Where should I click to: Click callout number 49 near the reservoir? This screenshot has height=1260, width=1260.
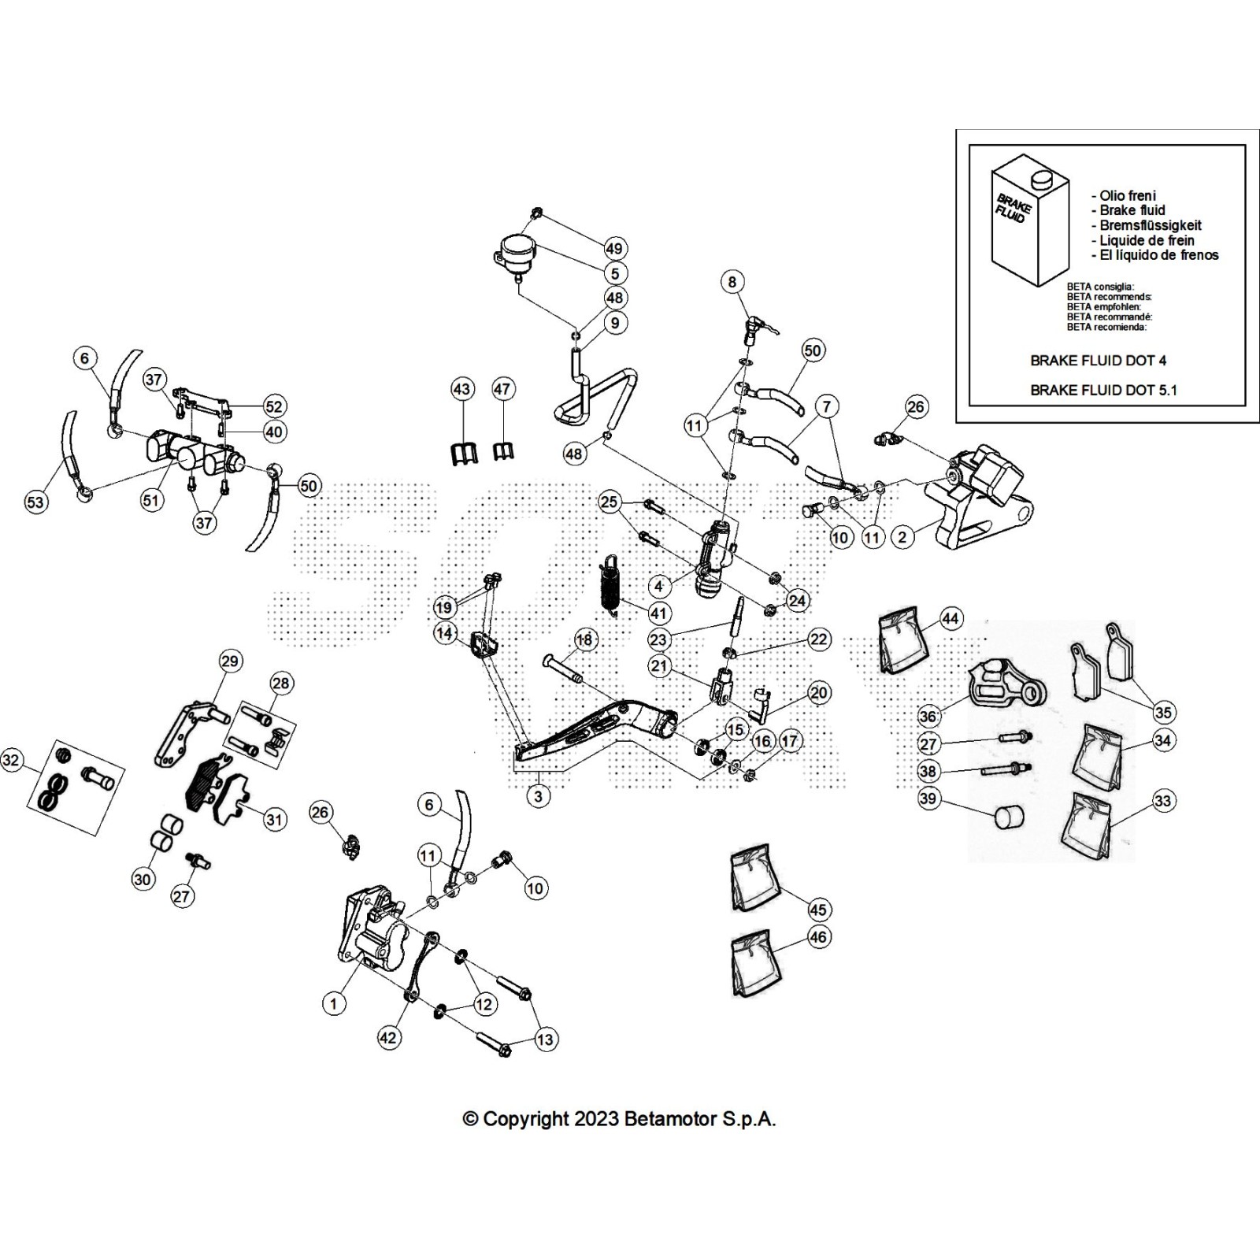coord(615,248)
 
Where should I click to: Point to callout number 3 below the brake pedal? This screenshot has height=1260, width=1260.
coord(538,796)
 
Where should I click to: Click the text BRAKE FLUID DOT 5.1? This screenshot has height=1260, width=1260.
coord(1103,390)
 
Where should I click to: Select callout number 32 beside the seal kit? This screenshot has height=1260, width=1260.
coord(11,761)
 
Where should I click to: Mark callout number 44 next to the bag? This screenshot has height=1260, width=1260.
coord(951,619)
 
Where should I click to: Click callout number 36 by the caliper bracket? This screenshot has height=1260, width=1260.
coord(928,716)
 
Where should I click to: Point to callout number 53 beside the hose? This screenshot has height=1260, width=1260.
coord(36,502)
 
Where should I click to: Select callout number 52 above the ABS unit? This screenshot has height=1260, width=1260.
coord(273,406)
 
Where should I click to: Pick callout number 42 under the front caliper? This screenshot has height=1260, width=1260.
coord(388,1038)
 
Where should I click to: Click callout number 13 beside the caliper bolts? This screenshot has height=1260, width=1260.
coord(545,1039)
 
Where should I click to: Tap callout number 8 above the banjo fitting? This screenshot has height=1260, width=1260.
coord(732,282)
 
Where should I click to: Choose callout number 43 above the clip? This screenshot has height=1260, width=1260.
coord(461,389)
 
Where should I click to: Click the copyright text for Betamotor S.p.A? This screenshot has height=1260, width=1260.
coord(619,1119)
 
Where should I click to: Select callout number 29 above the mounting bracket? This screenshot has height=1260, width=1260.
coord(230,661)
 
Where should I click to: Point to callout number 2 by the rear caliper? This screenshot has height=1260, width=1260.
coord(902,537)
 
